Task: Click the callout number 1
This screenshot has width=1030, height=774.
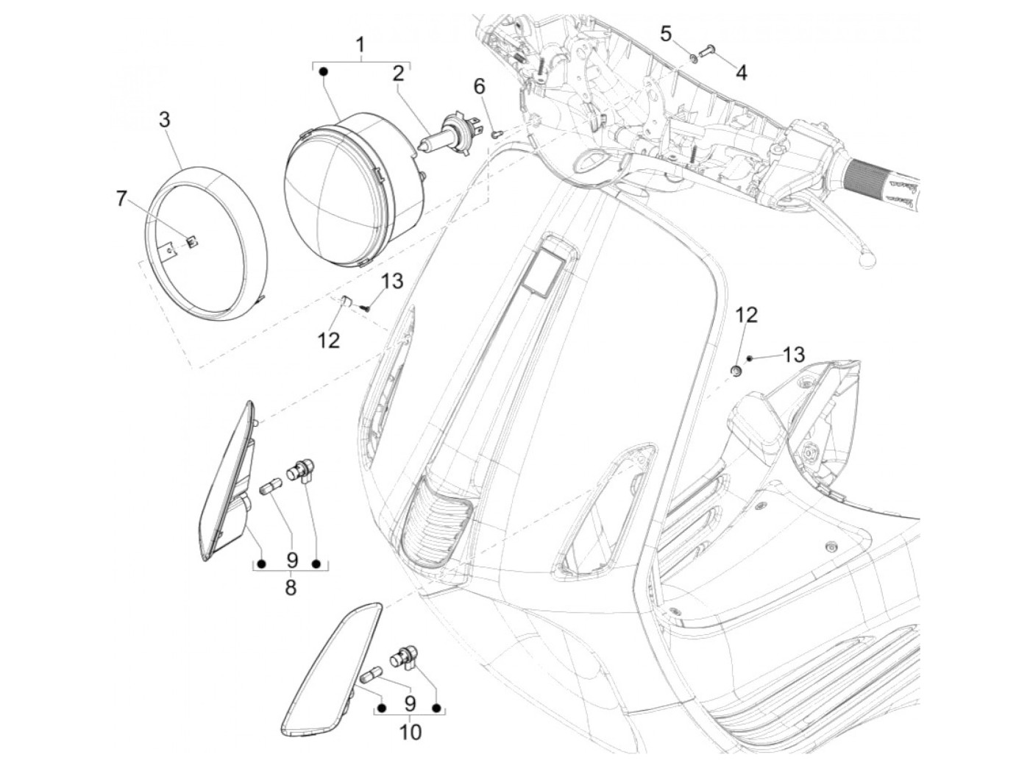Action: click(360, 46)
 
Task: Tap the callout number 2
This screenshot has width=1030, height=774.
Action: click(398, 74)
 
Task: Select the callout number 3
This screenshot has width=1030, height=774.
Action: click(165, 120)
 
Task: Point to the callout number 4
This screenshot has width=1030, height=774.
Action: click(741, 73)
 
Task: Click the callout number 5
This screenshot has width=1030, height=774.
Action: click(666, 34)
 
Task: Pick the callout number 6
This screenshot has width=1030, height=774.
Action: click(479, 87)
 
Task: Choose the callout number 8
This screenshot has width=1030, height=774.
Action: click(291, 589)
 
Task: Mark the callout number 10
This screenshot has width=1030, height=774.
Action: click(411, 732)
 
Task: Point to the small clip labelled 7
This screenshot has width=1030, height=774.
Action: click(190, 241)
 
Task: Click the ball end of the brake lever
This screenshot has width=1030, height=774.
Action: click(867, 260)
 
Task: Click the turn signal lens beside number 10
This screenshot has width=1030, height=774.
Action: click(331, 666)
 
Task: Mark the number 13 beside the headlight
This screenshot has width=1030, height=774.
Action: click(393, 280)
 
